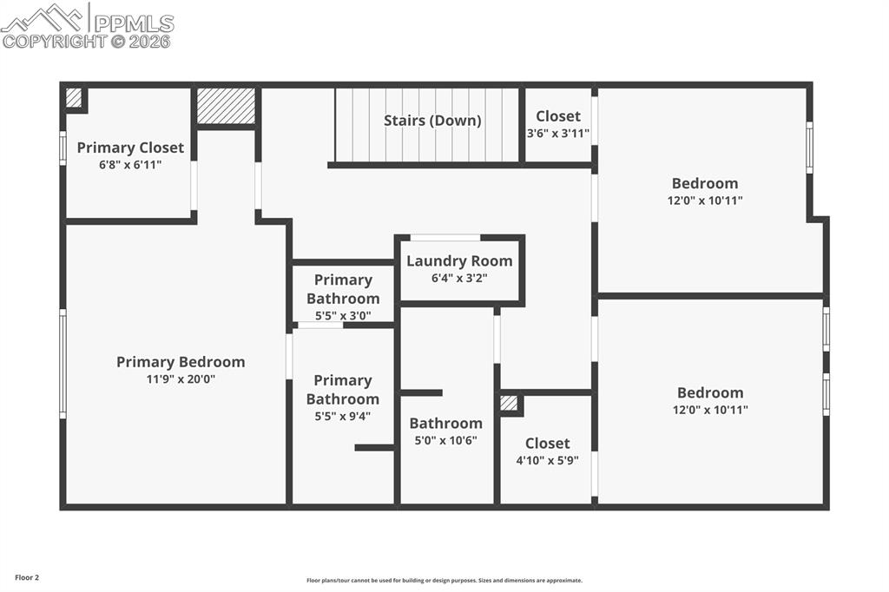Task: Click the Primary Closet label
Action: click(x=130, y=148)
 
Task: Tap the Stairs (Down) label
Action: click(x=432, y=121)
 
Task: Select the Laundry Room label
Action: click(x=459, y=260)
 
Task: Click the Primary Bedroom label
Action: click(x=181, y=362)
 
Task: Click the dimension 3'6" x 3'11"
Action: click(x=558, y=134)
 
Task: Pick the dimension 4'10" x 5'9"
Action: click(x=547, y=461)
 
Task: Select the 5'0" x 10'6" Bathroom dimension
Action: click(x=445, y=440)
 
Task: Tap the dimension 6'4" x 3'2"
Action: click(x=459, y=279)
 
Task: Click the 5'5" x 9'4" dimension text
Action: click(x=343, y=417)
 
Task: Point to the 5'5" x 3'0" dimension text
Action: click(x=343, y=316)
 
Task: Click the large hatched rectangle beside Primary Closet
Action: click(x=226, y=106)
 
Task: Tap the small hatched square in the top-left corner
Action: click(x=74, y=98)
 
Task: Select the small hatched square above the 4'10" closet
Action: click(x=510, y=403)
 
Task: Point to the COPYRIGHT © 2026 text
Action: click(x=87, y=41)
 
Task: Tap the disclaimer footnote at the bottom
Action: click(x=444, y=581)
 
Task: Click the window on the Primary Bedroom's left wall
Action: click(x=63, y=364)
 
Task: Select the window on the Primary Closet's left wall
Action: click(x=63, y=148)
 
